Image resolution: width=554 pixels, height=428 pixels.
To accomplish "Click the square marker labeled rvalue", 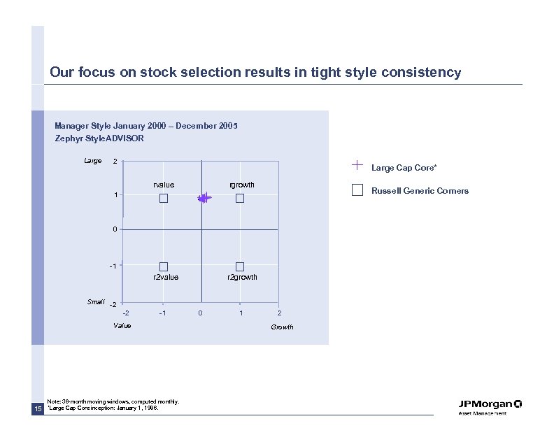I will point(164,199).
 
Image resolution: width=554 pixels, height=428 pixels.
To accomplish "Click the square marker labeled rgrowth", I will point(240,199).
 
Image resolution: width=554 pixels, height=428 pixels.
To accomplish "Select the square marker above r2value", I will point(164,266).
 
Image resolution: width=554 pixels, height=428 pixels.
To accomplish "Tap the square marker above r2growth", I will point(240,266).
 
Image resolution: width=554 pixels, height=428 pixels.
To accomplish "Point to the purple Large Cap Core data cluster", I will point(204,199).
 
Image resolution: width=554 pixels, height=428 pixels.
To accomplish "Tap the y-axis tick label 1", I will point(116,195).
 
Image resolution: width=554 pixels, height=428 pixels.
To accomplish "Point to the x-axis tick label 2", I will point(279,313).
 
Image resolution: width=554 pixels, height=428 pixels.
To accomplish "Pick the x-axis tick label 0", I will point(201,313).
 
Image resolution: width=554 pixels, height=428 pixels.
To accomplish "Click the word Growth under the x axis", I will point(282,327).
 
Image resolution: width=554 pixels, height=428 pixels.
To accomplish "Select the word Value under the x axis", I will point(122,325).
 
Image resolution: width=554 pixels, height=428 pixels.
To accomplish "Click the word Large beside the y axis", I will point(92,162).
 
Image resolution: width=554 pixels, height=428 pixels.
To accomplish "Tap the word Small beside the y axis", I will point(96,301).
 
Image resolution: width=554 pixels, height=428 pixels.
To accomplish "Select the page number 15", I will point(38,408).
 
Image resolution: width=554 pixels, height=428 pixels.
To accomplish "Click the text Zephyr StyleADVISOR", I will point(99,138).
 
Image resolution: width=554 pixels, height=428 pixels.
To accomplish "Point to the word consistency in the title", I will point(421,73).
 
